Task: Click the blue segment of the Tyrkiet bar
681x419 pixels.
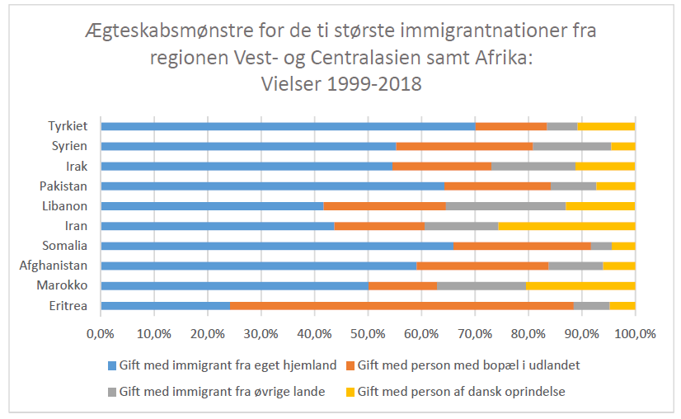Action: coord(288,126)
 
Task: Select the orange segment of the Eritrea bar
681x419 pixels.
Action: coord(402,305)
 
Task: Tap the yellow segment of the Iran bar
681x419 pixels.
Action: coord(566,225)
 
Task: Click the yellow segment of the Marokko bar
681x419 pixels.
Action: coord(580,285)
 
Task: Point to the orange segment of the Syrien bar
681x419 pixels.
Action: coord(464,146)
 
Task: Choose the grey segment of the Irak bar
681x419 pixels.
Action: coord(533,166)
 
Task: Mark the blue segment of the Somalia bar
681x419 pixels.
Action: coord(276,246)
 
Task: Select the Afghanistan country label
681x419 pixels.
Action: coord(56,266)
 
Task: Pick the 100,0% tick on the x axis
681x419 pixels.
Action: coord(635,333)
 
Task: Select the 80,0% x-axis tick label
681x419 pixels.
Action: coord(528,333)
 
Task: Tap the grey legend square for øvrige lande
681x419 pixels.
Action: coord(111,392)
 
